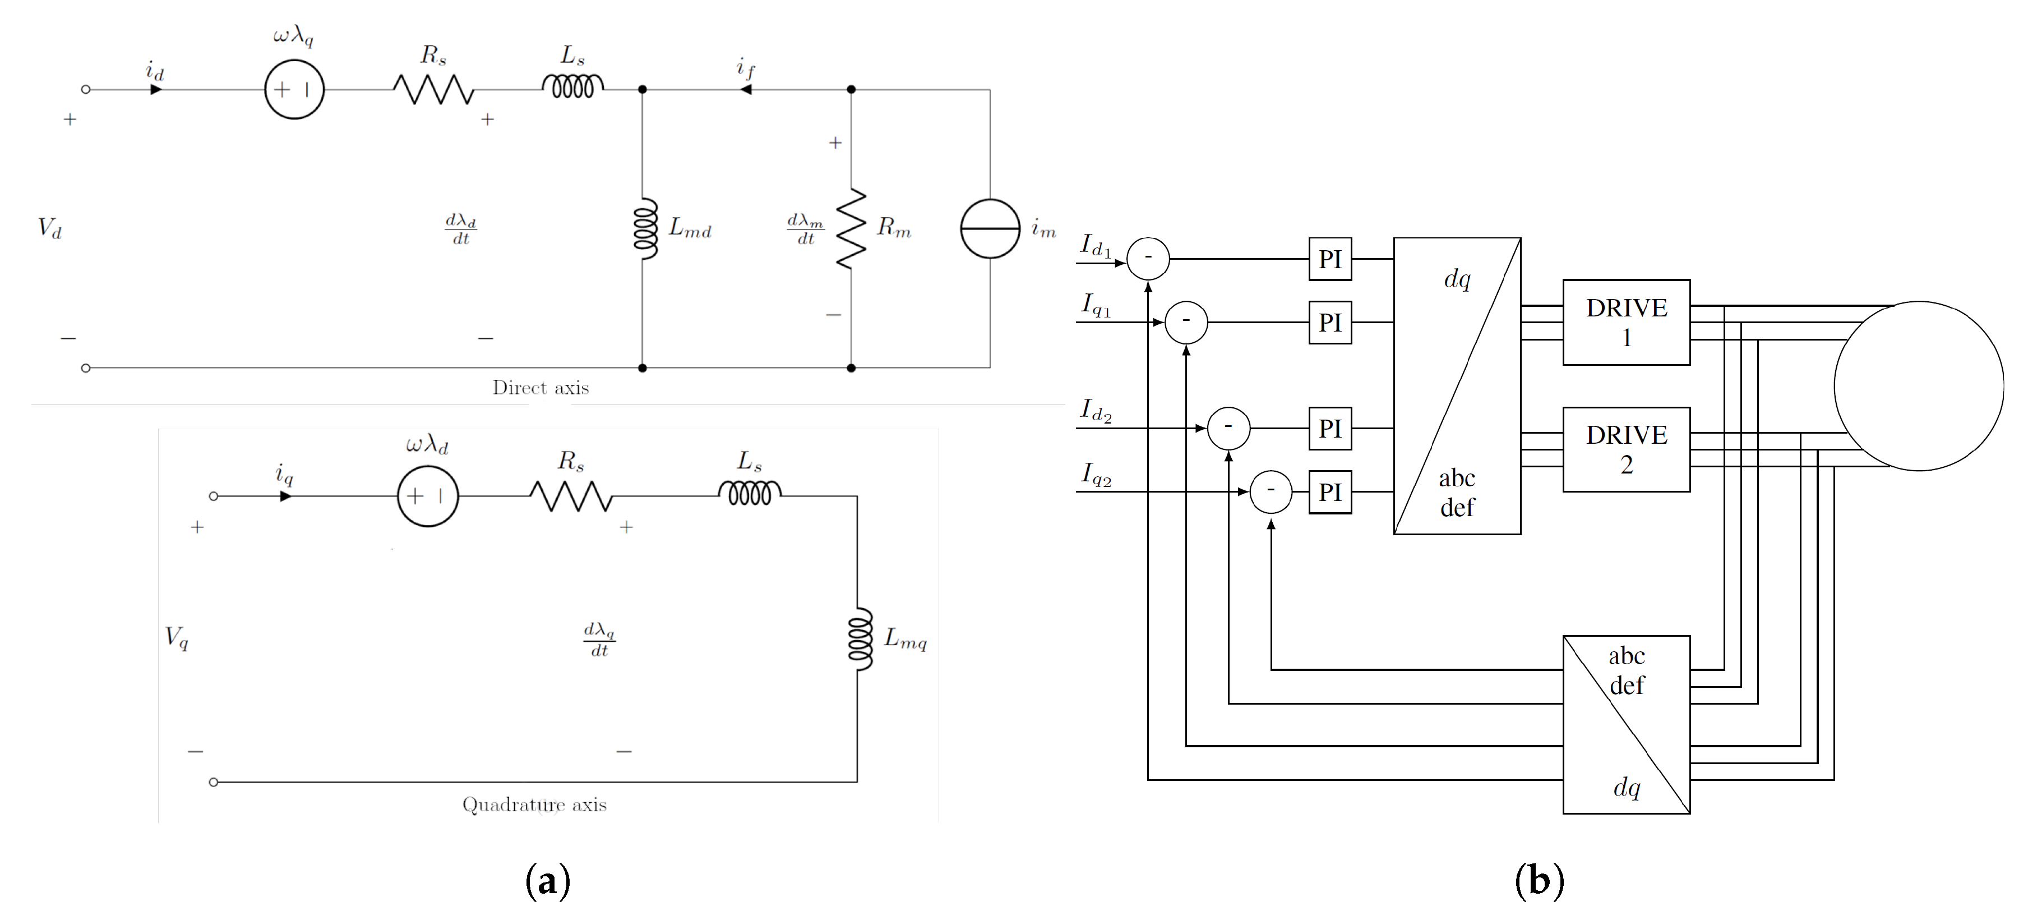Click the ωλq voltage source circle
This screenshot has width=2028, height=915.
(294, 90)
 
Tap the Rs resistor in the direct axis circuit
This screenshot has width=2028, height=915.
(434, 90)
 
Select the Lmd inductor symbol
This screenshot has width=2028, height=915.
(645, 228)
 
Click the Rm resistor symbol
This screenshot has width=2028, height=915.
(851, 228)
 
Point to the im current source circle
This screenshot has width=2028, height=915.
(990, 228)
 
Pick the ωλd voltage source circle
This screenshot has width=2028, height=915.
(427, 496)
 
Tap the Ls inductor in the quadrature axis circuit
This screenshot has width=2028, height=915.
(750, 494)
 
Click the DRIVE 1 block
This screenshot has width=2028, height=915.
(1625, 322)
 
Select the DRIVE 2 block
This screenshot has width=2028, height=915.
(1625, 449)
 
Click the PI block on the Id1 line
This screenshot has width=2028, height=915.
(1330, 259)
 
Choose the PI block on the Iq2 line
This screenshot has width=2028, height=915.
(1330, 492)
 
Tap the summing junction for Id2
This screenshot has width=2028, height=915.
(1228, 429)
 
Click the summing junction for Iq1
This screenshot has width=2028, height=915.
(1186, 323)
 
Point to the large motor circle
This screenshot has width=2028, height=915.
(1919, 386)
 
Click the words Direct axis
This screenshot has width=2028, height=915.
(540, 388)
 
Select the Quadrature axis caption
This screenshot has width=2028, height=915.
(534, 804)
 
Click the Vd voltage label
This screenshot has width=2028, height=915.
(49, 228)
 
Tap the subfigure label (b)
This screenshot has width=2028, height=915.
(1539, 881)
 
